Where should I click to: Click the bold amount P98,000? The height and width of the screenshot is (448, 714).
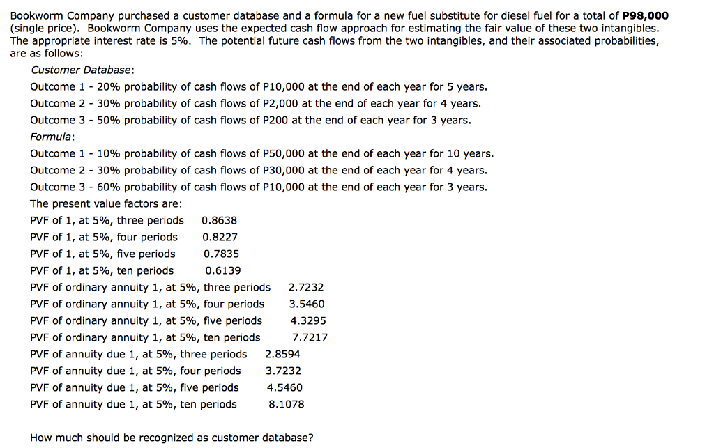645,15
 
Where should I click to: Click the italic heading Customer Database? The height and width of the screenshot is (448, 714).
82,70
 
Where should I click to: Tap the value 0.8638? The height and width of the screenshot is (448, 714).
220,220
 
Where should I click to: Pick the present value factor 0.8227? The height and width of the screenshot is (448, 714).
220,237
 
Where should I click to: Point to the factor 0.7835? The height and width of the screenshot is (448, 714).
221,254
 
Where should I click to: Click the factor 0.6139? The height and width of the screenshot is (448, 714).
223,270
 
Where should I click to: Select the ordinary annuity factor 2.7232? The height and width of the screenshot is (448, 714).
306,287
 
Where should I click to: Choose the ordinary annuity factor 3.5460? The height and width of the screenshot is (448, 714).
307,304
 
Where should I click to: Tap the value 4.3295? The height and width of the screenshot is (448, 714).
308,320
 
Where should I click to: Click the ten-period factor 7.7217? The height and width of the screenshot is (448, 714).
310,337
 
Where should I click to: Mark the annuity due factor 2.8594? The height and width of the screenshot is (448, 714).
283,354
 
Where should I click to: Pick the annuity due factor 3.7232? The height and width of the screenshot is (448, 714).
284,371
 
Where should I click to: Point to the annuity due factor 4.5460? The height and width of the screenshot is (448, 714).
285,387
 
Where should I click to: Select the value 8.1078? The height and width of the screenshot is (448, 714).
287,404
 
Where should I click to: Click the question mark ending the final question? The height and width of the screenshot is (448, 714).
311,438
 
